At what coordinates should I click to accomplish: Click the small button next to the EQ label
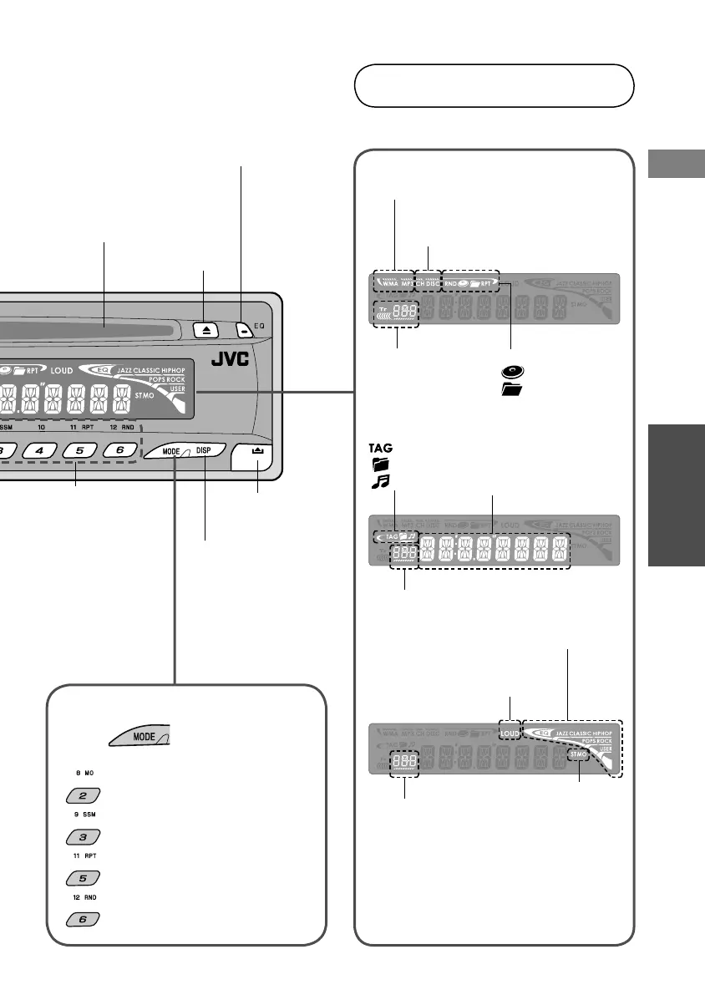(242, 330)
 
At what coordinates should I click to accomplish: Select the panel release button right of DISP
(256, 452)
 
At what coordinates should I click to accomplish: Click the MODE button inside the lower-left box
(137, 737)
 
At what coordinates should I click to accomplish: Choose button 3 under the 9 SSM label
(83, 836)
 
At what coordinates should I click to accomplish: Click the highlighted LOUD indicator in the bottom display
(510, 732)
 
